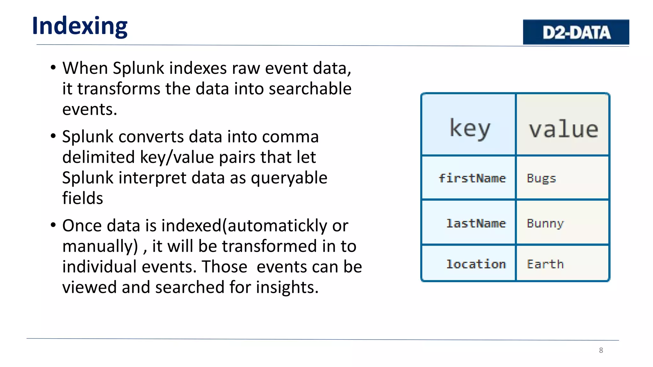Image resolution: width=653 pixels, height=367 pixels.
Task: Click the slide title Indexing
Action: [80, 26]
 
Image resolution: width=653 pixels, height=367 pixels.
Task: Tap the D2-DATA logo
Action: [576, 32]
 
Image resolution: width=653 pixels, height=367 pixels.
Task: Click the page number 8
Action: [601, 350]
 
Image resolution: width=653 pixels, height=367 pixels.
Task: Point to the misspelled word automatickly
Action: [277, 226]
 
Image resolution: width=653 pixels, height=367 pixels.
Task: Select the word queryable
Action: [289, 178]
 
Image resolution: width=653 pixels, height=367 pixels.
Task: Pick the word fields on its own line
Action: [83, 198]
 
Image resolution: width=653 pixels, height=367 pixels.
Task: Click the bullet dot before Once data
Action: [53, 225]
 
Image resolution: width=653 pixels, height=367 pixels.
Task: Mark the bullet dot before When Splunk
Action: [53, 68]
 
